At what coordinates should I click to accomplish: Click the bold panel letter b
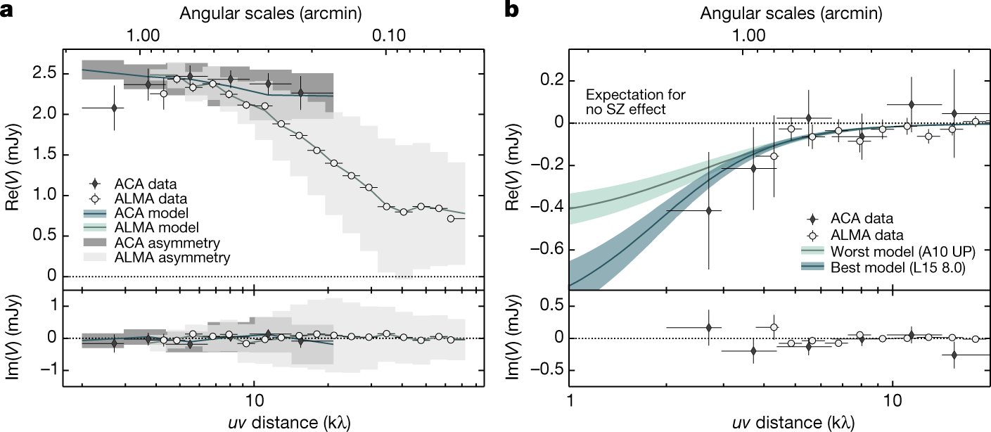tap(509, 11)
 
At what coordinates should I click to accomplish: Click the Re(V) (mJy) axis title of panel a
tap(12, 167)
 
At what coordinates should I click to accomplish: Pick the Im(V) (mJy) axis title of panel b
tap(519, 338)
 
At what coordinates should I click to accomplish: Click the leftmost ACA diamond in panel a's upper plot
tap(114, 107)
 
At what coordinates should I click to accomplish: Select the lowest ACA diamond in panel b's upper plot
tap(708, 210)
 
